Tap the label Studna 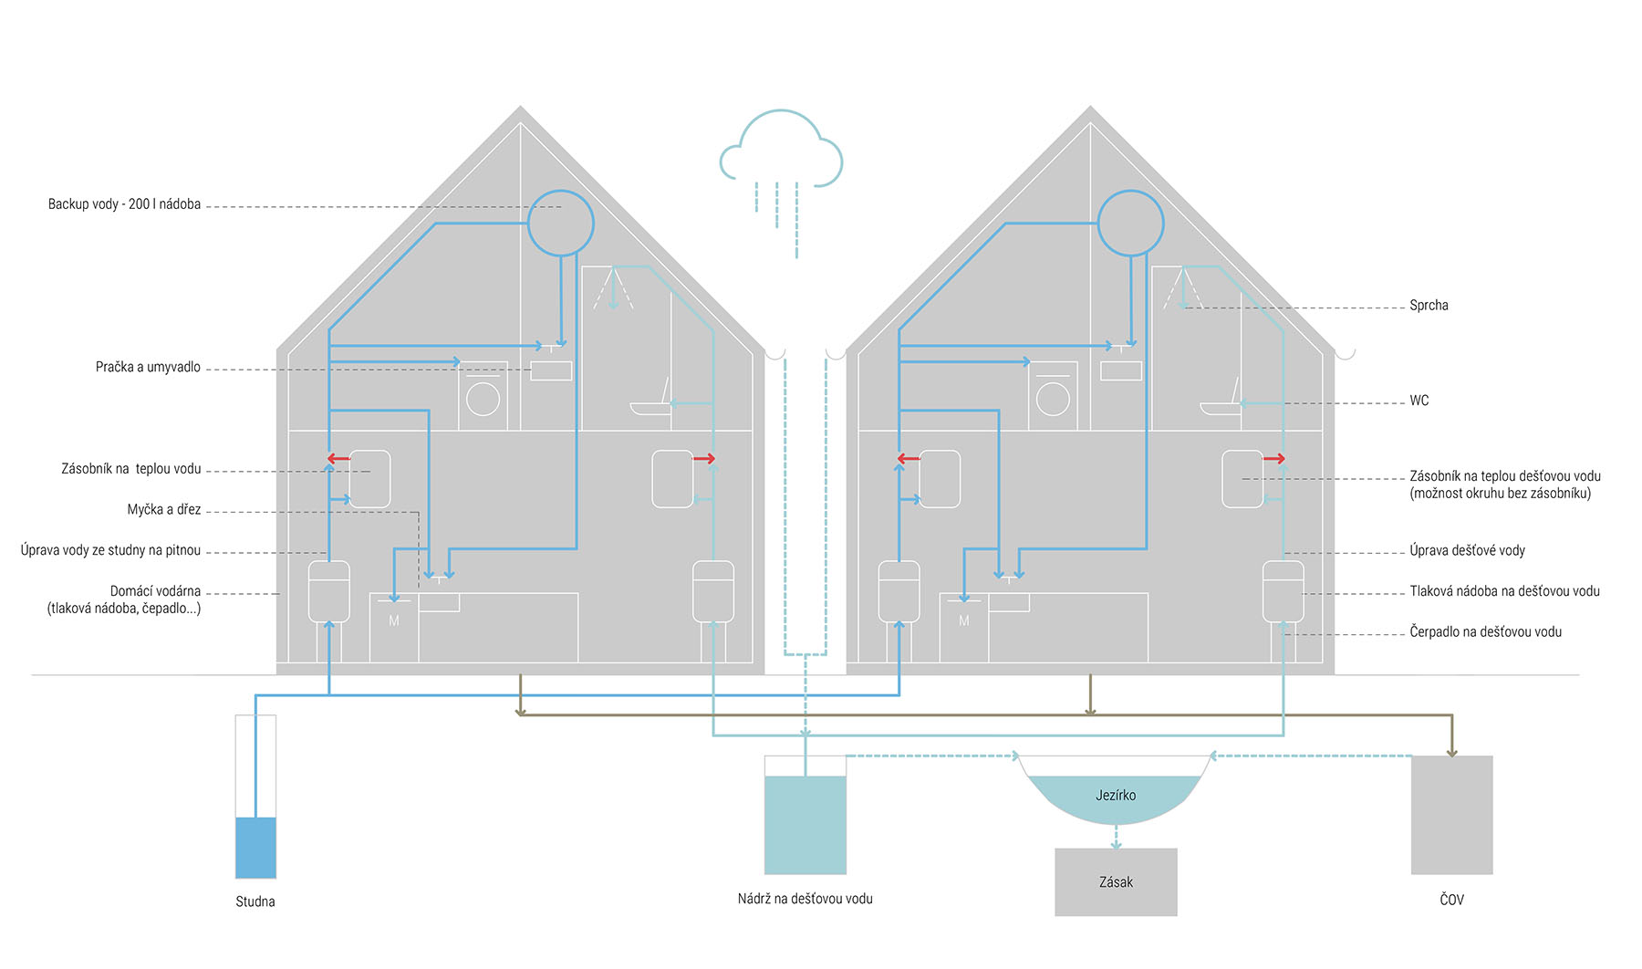coord(255,901)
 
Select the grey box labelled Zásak coord(1116,882)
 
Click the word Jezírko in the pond coord(1116,796)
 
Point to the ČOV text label coord(1451,900)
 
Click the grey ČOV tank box coord(1451,815)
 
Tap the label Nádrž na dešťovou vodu coord(805,899)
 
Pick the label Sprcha coord(1429,306)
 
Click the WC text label coord(1419,401)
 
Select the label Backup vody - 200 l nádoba coord(124,204)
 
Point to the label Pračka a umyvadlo coord(148,367)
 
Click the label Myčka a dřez coord(164,510)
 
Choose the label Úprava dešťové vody coord(1467,550)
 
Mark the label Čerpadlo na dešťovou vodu coord(1485,631)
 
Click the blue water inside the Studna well coord(255,848)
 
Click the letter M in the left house coord(394,621)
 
